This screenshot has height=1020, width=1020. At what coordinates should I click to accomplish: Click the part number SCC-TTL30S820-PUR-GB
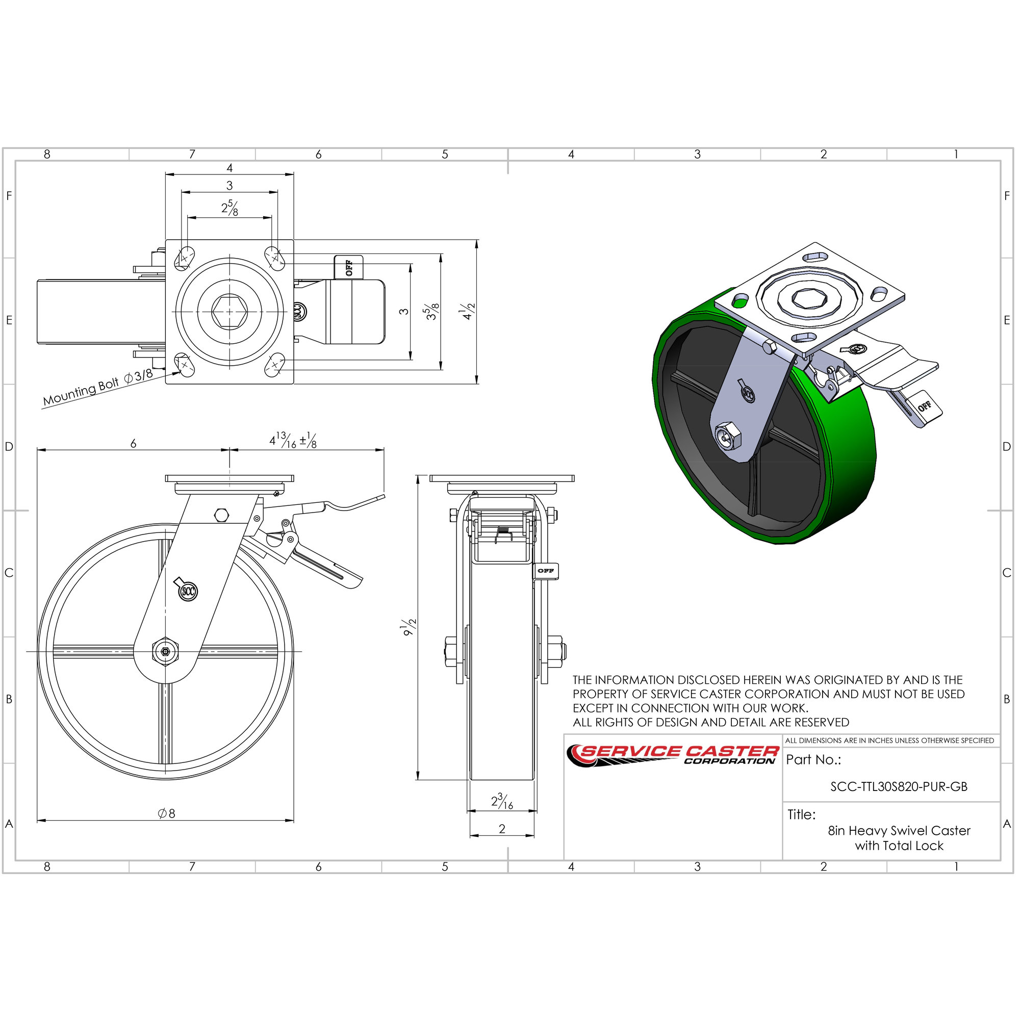tap(899, 787)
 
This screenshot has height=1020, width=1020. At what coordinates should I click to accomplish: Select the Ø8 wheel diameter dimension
tap(166, 813)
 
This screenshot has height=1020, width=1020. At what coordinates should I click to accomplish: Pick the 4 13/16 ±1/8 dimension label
tap(293, 440)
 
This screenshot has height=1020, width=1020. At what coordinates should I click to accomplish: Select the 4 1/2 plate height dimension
tap(467, 312)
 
